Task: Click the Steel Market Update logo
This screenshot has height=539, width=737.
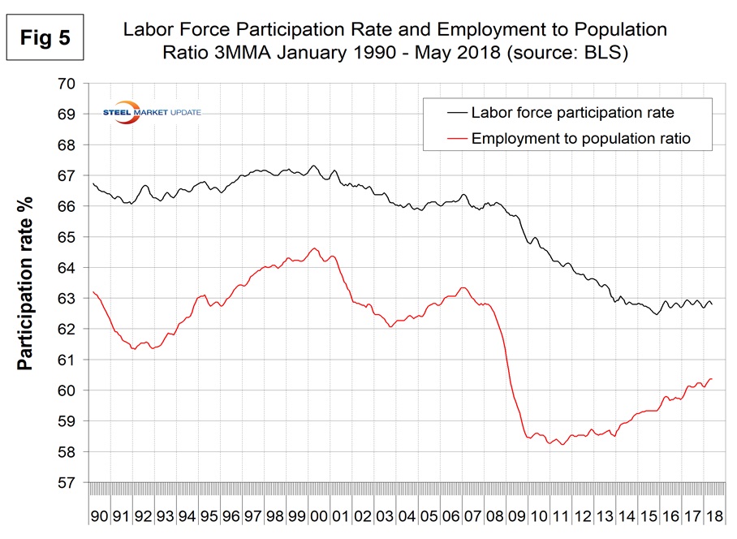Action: click(154, 112)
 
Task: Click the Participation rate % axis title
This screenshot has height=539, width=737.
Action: click(27, 282)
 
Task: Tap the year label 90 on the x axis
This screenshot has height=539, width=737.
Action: click(99, 516)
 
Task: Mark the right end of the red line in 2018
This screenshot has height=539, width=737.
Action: click(712, 378)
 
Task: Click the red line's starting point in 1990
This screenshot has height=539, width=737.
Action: click(93, 291)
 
